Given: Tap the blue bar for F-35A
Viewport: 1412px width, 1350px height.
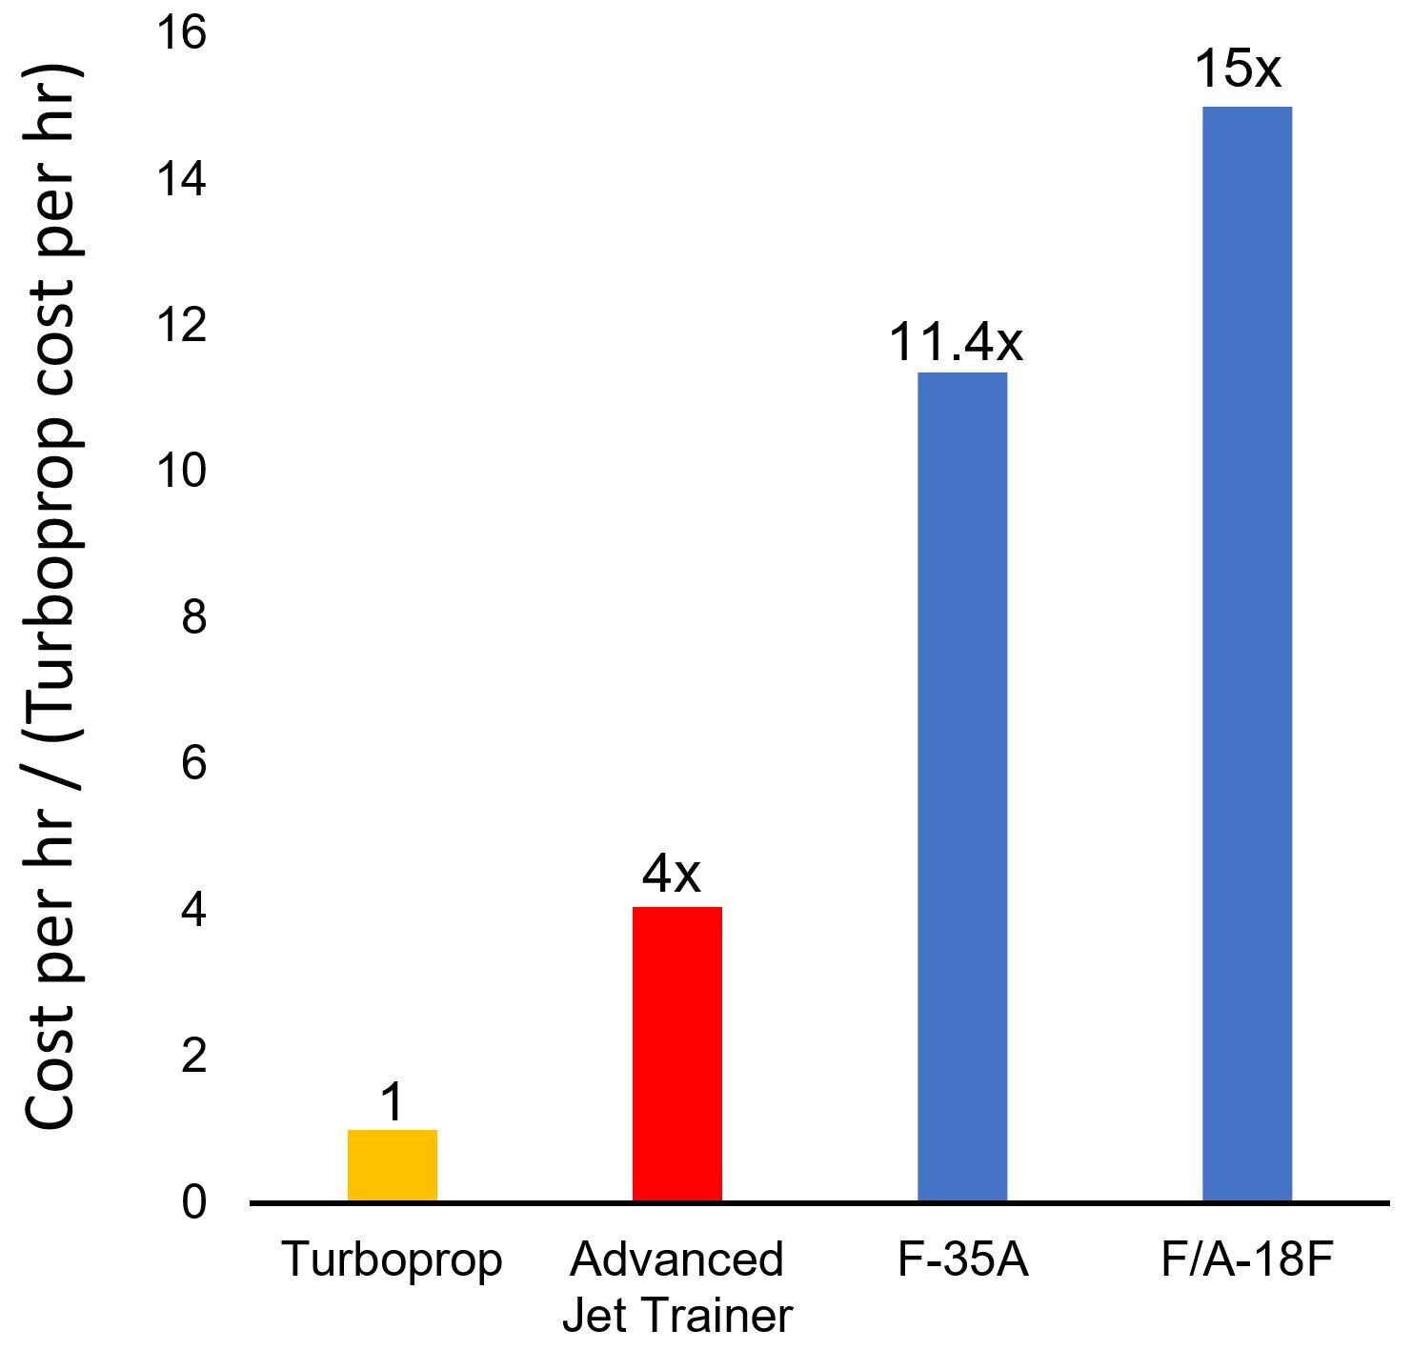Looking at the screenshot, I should [x=961, y=786].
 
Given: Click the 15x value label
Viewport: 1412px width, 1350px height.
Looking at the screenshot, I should [x=1238, y=70].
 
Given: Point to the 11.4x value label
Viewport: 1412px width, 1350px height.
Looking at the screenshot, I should [x=956, y=342].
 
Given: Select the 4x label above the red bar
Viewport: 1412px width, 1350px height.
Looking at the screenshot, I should [x=672, y=874].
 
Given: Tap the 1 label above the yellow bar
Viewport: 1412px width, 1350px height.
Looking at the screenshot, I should [x=392, y=1103].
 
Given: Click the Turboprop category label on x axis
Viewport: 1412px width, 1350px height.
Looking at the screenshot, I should [x=392, y=1260].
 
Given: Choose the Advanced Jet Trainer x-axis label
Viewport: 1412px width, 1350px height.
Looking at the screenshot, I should [x=676, y=1287].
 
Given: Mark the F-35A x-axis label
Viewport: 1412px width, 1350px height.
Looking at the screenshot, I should [x=962, y=1260].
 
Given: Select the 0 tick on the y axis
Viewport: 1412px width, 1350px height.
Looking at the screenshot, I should [x=193, y=1203].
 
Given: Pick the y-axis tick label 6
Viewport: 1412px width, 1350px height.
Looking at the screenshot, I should [x=193, y=764].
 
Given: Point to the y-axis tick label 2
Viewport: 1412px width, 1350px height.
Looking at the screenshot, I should [x=193, y=1057].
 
